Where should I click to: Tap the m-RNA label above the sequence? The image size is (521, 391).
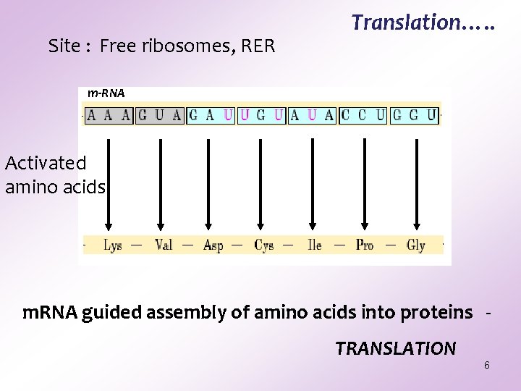pyautogui.click(x=106, y=93)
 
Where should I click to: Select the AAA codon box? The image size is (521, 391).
pyautogui.click(x=109, y=115)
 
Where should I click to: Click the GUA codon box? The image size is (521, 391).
pyautogui.click(x=160, y=115)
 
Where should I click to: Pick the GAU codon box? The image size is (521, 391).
pyautogui.click(x=211, y=115)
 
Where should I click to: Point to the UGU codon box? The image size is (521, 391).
pyautogui.click(x=261, y=115)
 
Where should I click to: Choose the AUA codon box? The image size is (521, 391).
pyautogui.click(x=313, y=115)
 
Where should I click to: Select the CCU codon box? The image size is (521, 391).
pyautogui.click(x=363, y=115)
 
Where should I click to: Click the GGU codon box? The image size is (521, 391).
pyautogui.click(x=415, y=115)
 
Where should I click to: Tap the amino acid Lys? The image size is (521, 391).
pyautogui.click(x=112, y=245)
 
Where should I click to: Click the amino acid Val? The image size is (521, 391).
pyautogui.click(x=164, y=245)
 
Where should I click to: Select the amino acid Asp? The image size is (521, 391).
pyautogui.click(x=213, y=245)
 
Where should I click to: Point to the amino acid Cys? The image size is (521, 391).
pyautogui.click(x=264, y=245)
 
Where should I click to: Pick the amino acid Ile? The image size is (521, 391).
pyautogui.click(x=314, y=245)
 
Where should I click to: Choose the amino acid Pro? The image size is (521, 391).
pyautogui.click(x=365, y=245)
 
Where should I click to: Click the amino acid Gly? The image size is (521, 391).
pyautogui.click(x=415, y=245)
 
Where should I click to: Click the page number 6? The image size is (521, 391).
pyautogui.click(x=487, y=365)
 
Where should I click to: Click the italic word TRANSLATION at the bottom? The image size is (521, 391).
pyautogui.click(x=395, y=349)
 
